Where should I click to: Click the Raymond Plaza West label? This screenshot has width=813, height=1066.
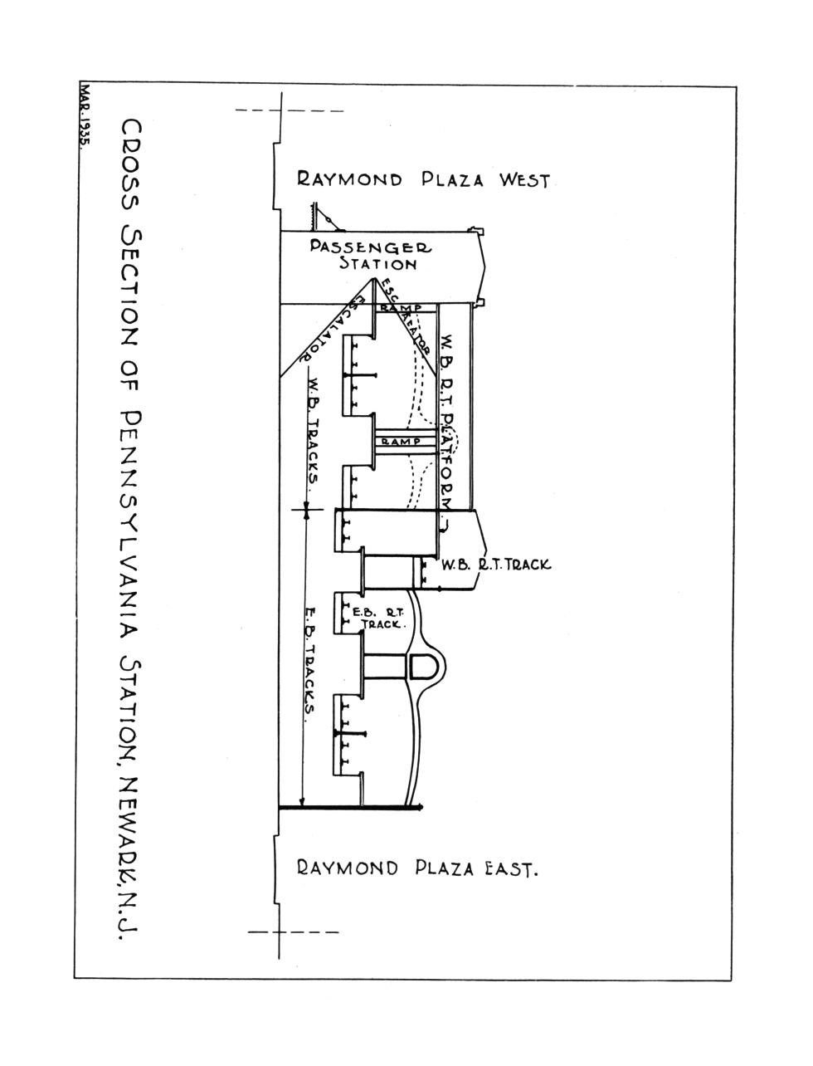point(423,179)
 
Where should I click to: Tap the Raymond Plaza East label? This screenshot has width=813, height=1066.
point(418,869)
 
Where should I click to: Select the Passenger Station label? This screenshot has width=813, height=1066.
point(373,256)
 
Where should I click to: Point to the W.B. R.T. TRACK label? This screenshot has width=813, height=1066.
point(496,565)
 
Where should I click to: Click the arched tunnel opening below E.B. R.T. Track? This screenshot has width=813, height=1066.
point(422,665)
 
